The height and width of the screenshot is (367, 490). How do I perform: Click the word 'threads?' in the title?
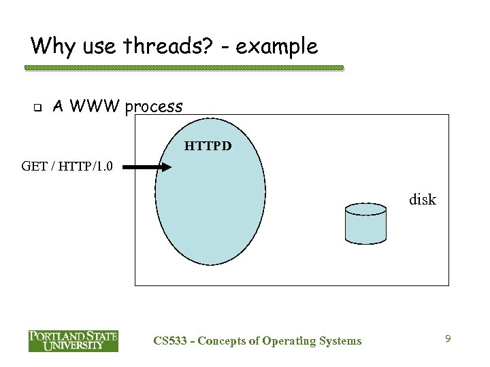[148, 46]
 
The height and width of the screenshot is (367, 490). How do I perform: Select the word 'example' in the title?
[278, 46]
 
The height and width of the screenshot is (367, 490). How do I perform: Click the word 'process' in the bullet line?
[153, 107]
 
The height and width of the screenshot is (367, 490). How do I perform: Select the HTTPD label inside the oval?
[208, 145]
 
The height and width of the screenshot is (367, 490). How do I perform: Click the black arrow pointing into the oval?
[147, 168]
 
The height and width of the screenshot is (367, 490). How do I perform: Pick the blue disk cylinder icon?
[365, 222]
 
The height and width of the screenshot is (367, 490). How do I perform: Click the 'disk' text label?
[422, 200]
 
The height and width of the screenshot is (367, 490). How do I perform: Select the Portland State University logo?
[73, 340]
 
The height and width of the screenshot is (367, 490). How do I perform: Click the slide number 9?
[448, 338]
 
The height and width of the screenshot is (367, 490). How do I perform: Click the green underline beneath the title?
[184, 68]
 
